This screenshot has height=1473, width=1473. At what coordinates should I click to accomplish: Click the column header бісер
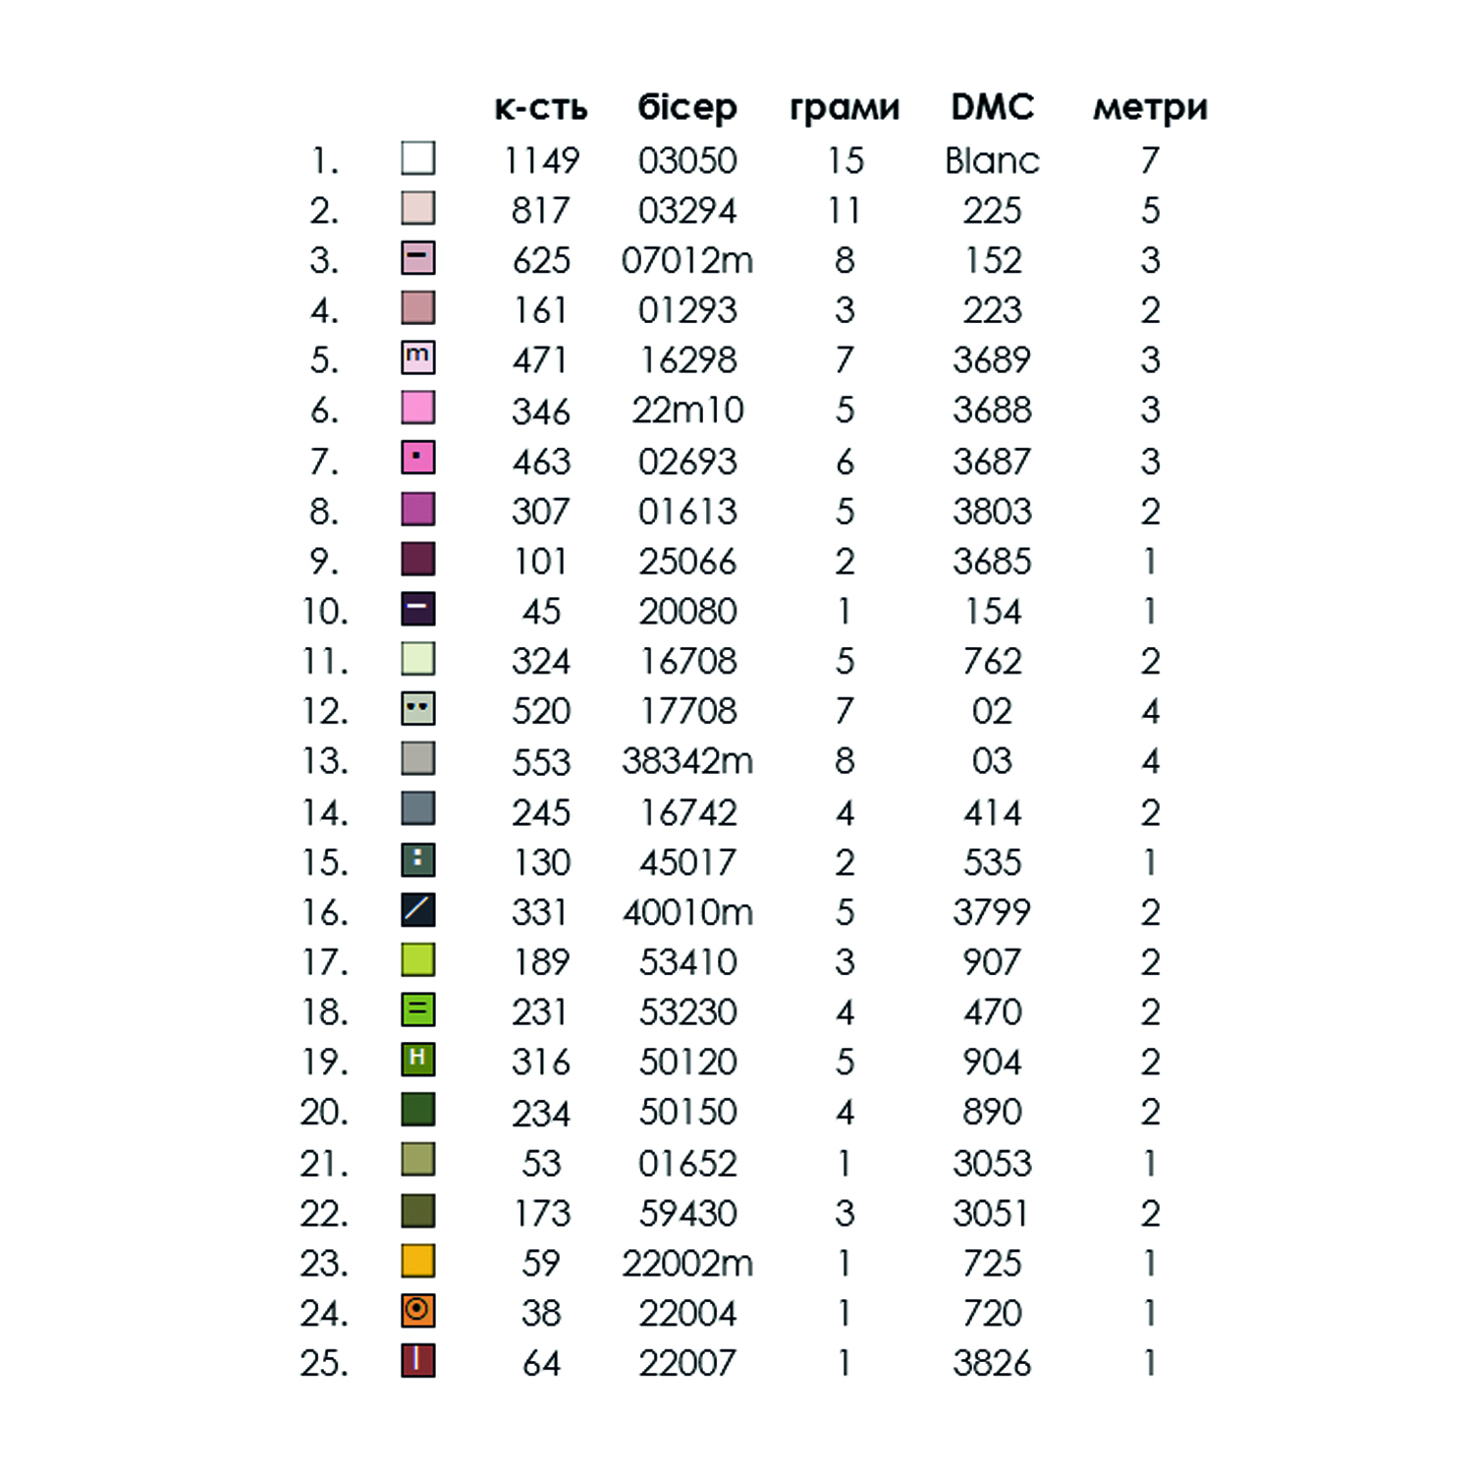(x=686, y=107)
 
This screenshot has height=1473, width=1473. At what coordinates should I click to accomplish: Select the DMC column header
(x=992, y=106)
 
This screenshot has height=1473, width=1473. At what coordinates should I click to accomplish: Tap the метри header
(x=1150, y=107)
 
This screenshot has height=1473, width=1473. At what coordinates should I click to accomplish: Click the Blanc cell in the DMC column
(x=992, y=160)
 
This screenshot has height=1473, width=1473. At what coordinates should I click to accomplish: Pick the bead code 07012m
(x=687, y=260)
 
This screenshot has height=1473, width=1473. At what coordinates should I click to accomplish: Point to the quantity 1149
(x=541, y=160)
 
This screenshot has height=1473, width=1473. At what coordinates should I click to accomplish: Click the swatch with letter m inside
(x=418, y=357)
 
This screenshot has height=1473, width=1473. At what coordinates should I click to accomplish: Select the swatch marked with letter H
(x=418, y=1059)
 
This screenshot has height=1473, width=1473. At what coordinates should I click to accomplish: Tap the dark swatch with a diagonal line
(x=418, y=909)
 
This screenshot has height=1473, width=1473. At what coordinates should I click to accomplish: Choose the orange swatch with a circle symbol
(x=418, y=1310)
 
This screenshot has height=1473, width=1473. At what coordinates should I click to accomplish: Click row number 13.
(x=325, y=761)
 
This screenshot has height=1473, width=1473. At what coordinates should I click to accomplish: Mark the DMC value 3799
(x=992, y=912)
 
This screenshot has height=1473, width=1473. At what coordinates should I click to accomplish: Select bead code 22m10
(x=687, y=409)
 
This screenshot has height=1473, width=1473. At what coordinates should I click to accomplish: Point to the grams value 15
(x=845, y=160)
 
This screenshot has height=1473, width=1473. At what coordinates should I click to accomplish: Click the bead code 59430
(x=687, y=1213)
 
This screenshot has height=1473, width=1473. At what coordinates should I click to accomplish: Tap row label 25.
(x=325, y=1363)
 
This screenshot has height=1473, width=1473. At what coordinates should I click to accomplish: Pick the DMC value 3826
(x=992, y=1363)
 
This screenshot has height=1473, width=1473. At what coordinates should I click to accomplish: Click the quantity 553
(x=541, y=762)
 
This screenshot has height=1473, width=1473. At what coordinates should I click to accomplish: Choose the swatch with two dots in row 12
(x=418, y=708)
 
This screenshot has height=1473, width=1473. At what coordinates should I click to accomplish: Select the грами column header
(x=845, y=107)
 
